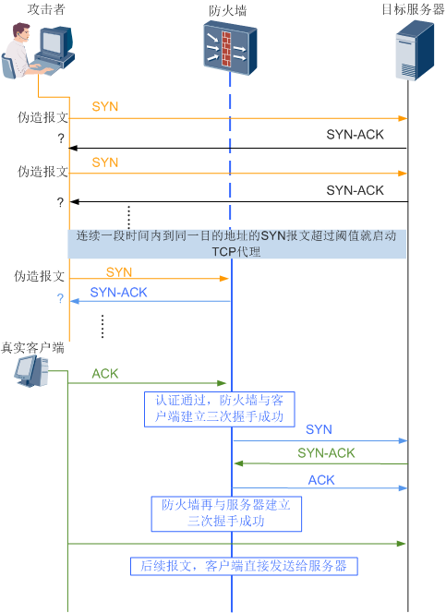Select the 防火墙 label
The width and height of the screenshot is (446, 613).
pyautogui.click(x=228, y=10)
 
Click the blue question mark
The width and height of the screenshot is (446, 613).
pyautogui.click(x=60, y=298)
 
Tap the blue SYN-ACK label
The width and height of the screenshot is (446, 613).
pyautogui.click(x=118, y=293)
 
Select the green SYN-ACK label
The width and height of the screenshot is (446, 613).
pyautogui.click(x=326, y=453)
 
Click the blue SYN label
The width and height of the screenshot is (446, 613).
pyautogui.click(x=319, y=430)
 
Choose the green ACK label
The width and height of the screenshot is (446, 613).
pyautogui.click(x=105, y=374)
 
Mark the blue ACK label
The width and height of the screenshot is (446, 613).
pyautogui.click(x=321, y=480)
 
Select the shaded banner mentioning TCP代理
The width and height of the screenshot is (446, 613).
pyautogui.click(x=237, y=244)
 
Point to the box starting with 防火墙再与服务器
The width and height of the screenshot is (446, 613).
pyautogui.click(x=226, y=513)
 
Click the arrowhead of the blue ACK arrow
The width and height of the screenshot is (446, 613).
pyautogui.click(x=404, y=487)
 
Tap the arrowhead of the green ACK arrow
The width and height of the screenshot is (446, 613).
pyautogui.click(x=223, y=382)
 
